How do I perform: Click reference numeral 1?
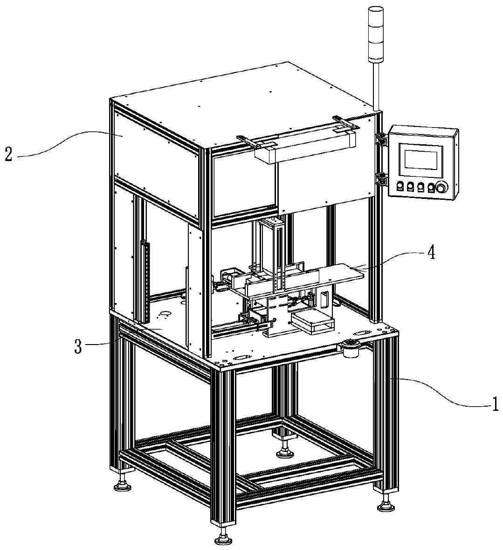coord(494,403)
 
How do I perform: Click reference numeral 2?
coord(8,155)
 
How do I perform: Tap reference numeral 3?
coord(78,346)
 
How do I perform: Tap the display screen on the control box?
coord(421,160)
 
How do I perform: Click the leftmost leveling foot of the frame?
coord(123,482)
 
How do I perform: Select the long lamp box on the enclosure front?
coord(305,147)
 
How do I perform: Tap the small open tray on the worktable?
coord(312,321)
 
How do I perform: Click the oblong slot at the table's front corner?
coord(241,358)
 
